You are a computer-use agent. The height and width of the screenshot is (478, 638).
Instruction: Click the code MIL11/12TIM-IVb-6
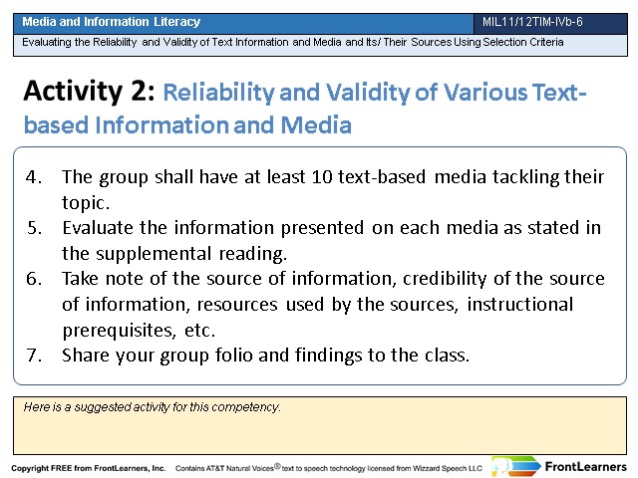point(532,22)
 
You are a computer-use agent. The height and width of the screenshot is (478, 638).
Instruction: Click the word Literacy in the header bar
point(177,22)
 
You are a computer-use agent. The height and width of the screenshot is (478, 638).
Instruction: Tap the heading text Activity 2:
point(89,91)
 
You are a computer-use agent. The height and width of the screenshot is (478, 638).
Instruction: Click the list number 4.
point(33,177)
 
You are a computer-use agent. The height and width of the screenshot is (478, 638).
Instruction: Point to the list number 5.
point(34,228)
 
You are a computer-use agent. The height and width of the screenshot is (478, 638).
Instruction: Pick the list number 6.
point(34,279)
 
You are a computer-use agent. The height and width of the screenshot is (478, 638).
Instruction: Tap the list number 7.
point(34,356)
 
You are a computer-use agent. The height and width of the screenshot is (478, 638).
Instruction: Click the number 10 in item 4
point(322,177)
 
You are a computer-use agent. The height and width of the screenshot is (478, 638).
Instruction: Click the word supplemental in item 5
point(154,254)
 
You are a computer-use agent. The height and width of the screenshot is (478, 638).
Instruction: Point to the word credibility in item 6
point(445,279)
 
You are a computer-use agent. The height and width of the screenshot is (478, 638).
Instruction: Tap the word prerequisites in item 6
point(119,331)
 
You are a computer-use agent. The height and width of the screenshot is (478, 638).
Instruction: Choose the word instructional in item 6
point(520,305)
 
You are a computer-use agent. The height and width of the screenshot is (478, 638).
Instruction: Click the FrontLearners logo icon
point(515,466)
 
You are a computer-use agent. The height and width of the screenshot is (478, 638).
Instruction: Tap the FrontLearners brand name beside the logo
point(585,467)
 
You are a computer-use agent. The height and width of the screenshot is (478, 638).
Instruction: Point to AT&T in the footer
point(214,468)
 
